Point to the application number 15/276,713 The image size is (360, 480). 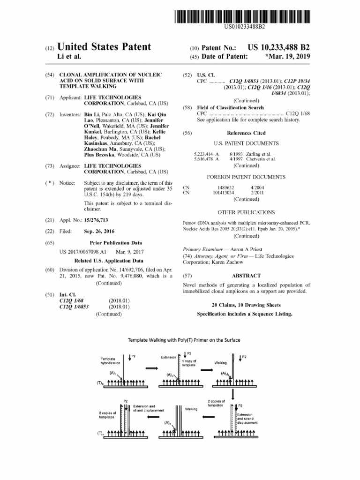click(x=100, y=220)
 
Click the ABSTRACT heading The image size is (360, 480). click(x=246, y=276)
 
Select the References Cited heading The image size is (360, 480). click(x=246, y=133)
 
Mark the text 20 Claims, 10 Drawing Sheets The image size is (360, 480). click(x=246, y=305)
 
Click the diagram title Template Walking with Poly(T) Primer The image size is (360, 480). click(x=184, y=340)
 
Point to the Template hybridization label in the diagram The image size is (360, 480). click(x=111, y=361)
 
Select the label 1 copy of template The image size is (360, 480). click(x=189, y=363)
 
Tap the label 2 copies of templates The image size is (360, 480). click(x=216, y=403)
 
